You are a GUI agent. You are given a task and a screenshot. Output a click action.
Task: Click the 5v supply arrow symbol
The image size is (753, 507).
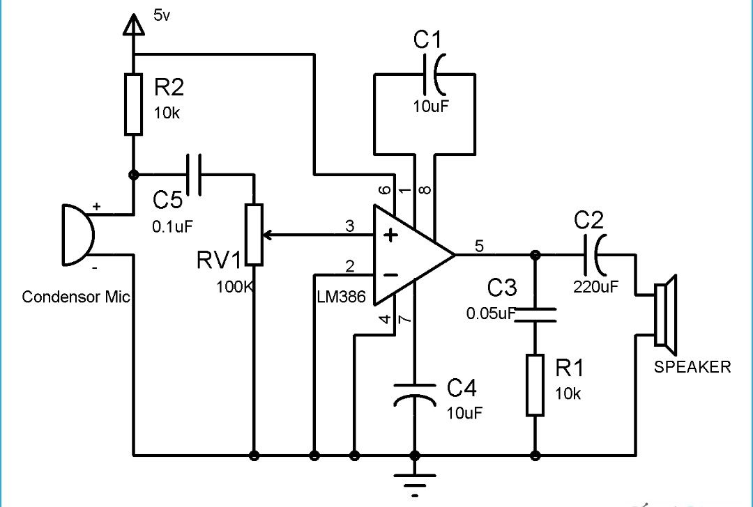(132, 25)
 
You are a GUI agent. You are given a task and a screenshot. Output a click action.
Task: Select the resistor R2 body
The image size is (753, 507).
(133, 104)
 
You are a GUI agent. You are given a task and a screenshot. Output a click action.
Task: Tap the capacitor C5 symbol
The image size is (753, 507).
(193, 175)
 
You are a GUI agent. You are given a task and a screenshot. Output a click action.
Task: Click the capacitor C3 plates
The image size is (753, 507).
(535, 315)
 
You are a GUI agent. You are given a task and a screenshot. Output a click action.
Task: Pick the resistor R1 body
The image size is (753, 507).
(535, 384)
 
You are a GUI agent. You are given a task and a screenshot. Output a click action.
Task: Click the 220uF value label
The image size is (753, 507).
(595, 286)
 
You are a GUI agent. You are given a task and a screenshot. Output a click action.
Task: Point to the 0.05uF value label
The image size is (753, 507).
(490, 313)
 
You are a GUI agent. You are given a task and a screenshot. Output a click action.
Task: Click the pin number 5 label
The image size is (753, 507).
(478, 245)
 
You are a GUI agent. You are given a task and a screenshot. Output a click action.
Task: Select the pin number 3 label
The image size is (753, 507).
(350, 226)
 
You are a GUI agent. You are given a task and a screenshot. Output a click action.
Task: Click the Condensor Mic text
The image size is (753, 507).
(76, 297)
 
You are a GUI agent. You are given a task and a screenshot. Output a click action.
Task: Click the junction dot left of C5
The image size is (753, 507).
(133, 175)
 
